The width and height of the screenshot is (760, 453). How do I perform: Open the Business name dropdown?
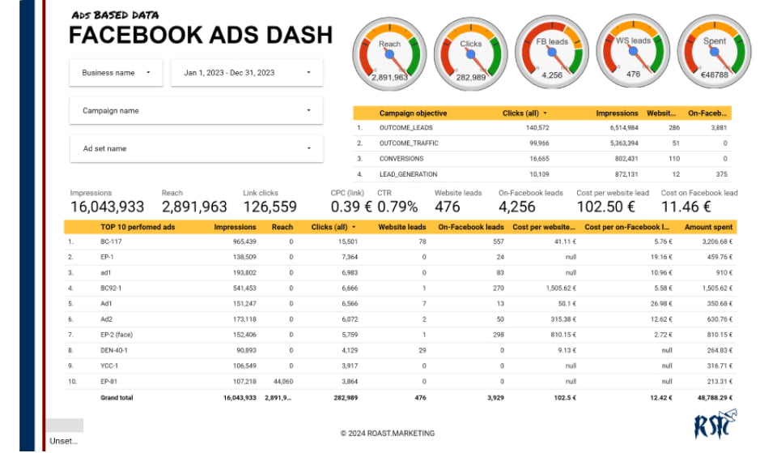(x=115, y=73)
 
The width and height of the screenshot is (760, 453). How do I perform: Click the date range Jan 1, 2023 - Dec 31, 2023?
(x=246, y=73)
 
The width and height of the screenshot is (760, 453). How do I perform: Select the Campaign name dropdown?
(x=195, y=111)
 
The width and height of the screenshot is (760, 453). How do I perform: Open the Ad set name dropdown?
(x=195, y=149)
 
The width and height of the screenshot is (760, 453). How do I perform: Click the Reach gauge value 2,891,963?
(x=389, y=77)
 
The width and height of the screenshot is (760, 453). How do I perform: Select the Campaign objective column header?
(x=413, y=113)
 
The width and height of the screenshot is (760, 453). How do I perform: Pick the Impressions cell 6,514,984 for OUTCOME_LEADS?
(x=618, y=128)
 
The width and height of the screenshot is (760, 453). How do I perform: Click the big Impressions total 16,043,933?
(x=108, y=207)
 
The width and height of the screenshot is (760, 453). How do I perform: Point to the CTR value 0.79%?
(x=397, y=207)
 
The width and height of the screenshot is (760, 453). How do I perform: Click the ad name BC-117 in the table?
(x=112, y=241)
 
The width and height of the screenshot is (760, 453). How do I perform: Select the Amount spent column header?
(x=708, y=228)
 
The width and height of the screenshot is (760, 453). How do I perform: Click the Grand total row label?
(x=117, y=398)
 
